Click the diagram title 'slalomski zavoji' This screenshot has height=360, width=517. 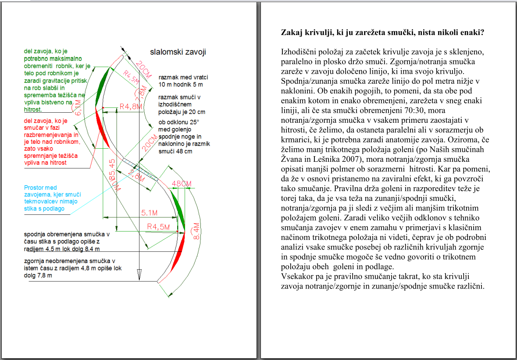[x=178, y=52]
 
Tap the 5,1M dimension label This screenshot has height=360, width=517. [x=150, y=213]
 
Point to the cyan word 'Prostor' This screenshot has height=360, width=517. [x=34, y=188]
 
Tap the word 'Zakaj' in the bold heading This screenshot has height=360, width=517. [x=291, y=33]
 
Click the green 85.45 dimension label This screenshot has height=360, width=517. [x=113, y=168]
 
